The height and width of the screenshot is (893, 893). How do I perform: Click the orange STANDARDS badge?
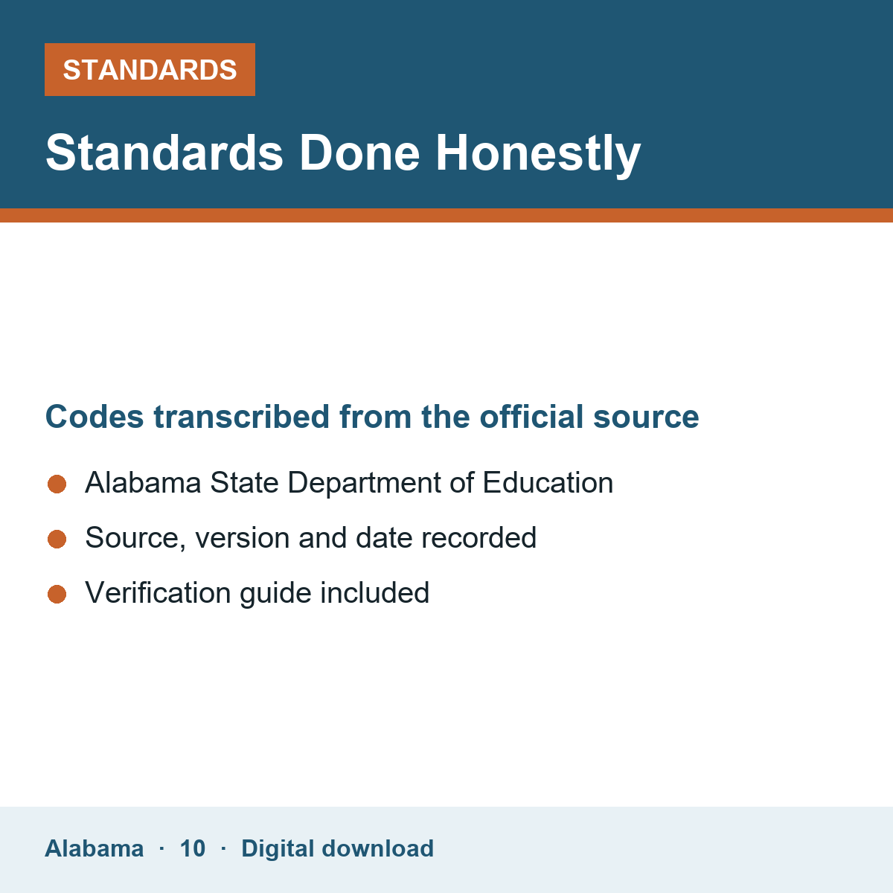150,69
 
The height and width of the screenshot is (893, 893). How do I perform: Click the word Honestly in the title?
538,153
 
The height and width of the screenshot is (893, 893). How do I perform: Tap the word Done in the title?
359,153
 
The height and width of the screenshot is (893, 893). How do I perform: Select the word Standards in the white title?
164,153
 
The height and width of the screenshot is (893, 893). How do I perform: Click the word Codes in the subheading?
95,417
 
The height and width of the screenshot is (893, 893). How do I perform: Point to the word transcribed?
241,417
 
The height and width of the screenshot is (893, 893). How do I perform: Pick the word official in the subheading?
531,417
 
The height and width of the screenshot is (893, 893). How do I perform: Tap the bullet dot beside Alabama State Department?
57,484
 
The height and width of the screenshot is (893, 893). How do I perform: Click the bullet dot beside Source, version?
57,539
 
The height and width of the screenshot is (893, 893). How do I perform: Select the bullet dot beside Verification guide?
57,594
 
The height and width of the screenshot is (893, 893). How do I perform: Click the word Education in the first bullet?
548,483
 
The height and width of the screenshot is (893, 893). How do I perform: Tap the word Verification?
158,592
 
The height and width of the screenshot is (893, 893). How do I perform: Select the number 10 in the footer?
192,848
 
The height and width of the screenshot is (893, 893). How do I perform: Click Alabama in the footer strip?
94,848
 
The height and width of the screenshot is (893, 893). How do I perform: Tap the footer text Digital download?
337,849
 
